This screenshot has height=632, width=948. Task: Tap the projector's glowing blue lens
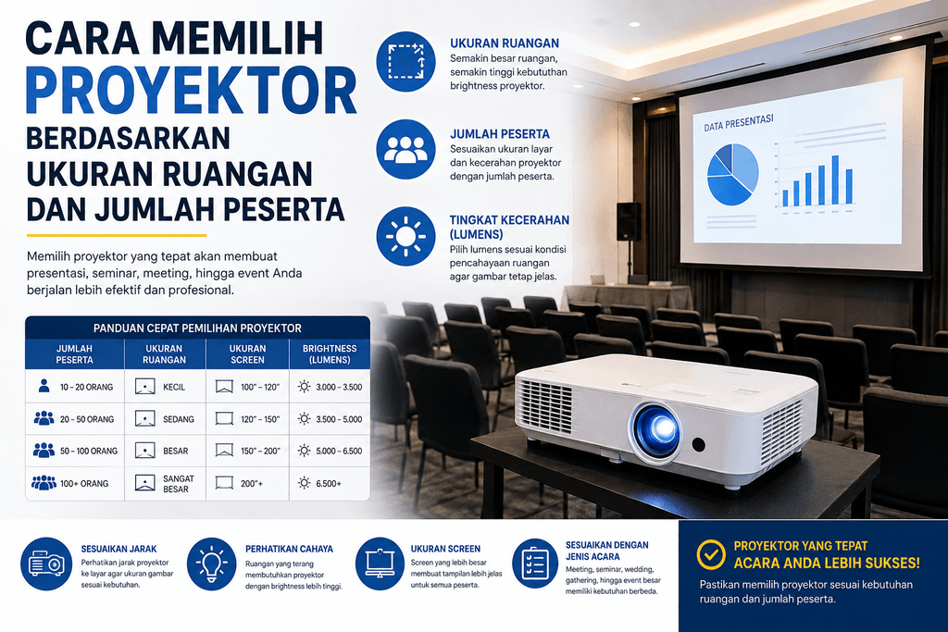pos(658,429)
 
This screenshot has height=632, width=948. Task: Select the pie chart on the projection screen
pos(733,175)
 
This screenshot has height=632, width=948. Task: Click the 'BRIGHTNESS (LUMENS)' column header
pos(330,354)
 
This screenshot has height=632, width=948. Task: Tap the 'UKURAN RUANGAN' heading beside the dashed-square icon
pos(505,43)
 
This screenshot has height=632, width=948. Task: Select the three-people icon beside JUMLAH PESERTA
pos(405,149)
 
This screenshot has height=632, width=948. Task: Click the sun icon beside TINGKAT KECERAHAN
pos(405,236)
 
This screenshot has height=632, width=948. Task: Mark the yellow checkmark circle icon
pos(711,554)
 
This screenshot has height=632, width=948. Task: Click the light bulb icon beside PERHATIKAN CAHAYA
pos(212,564)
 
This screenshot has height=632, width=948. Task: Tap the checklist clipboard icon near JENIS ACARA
pos(535,564)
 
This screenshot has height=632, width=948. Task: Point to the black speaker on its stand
pos(629,221)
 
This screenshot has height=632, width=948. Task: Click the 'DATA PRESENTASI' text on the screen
pos(738,123)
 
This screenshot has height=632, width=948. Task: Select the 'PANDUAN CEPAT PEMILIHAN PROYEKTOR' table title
pos(197,328)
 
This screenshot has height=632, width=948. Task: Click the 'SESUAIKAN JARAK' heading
pos(118,549)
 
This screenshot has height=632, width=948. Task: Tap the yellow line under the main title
pos(116,235)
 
